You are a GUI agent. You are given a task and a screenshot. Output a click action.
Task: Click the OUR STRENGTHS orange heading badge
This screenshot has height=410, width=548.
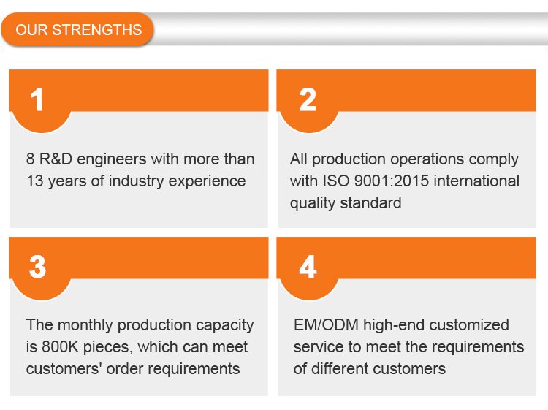coord(77,29)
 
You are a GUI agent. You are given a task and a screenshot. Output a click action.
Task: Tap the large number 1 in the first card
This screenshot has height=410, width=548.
coord(37,99)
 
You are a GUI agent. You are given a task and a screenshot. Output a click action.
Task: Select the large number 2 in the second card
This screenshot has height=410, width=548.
coord(308,99)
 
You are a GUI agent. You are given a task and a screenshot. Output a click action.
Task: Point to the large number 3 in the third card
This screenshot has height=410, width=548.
coord(37,267)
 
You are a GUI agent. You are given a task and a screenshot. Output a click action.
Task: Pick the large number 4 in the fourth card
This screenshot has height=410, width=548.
coord(308,267)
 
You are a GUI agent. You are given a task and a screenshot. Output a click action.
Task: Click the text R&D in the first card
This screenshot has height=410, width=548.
coord(56,159)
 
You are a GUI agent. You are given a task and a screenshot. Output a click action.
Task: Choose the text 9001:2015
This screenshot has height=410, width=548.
coord(391,181)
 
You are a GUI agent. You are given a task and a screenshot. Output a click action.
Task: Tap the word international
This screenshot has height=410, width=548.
coord(476,181)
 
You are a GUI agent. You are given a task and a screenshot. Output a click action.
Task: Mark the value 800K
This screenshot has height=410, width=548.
coord(60,347)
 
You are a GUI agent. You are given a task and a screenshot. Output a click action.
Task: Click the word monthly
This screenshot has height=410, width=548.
coord(85,326)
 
